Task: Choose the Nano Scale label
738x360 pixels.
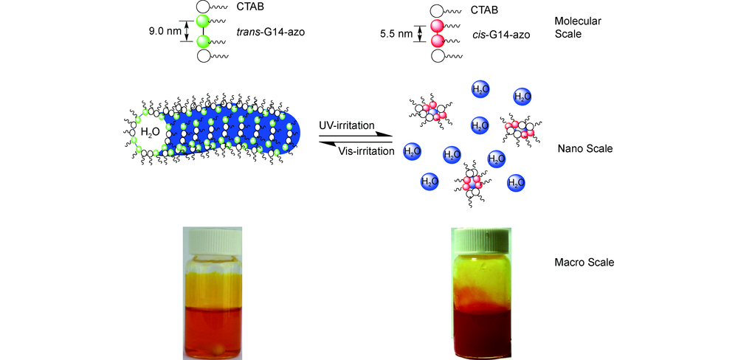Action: (x=585, y=148)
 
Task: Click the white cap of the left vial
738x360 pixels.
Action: (x=213, y=240)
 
